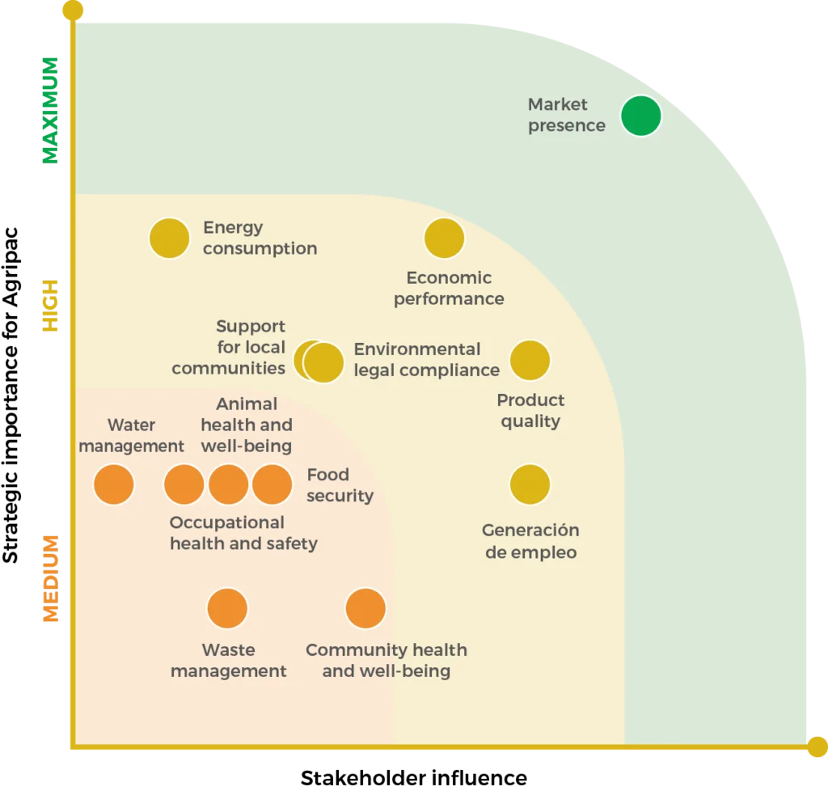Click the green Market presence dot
click(641, 116)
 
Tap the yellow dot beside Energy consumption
click(170, 239)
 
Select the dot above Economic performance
click(444, 239)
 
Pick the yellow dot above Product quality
click(530, 361)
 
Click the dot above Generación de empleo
click(530, 484)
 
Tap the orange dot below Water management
click(114, 484)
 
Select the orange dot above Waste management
click(227, 608)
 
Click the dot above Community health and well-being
click(365, 608)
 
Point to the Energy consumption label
click(260, 238)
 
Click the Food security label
click(340, 485)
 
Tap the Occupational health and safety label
click(243, 533)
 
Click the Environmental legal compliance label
click(426, 360)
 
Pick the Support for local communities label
click(229, 347)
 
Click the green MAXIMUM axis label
click(49, 111)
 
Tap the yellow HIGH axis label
click(49, 307)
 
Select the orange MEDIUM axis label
click(49, 579)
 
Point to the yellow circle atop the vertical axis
click(73, 10)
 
